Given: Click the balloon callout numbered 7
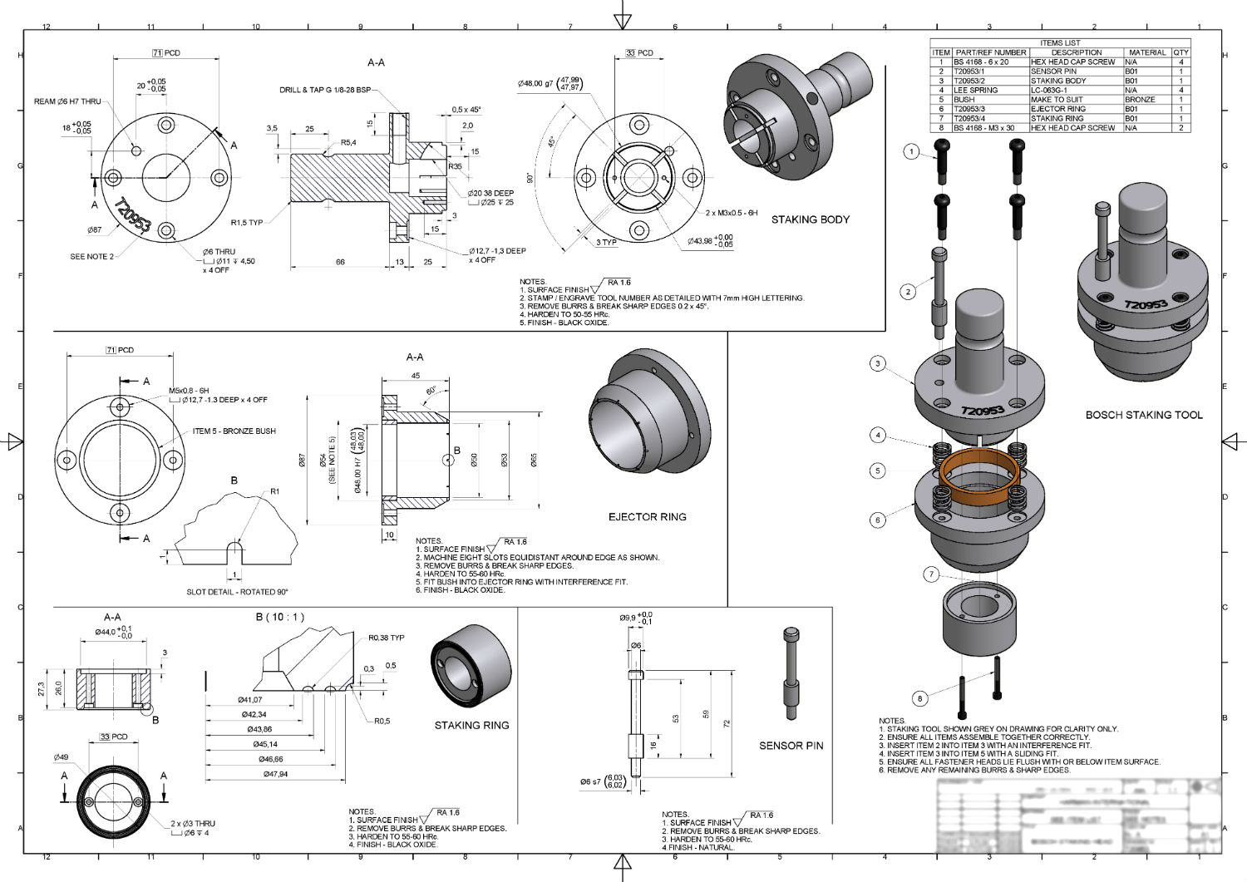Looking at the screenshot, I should tap(931, 574).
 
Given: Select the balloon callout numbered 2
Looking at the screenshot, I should tap(908, 291).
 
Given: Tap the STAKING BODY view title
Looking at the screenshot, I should tap(810, 219).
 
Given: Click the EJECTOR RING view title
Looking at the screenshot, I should tap(647, 517).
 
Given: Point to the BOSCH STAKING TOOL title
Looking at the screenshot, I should tap(1143, 415).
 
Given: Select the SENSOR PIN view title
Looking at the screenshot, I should tap(791, 746).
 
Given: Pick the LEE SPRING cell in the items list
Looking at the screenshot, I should tap(975, 90).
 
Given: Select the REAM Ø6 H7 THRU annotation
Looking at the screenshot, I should tap(67, 101).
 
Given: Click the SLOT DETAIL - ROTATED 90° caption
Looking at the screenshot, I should tap(237, 592).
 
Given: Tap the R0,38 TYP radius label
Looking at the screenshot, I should tap(386, 638).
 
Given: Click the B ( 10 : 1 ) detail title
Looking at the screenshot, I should tap(280, 618).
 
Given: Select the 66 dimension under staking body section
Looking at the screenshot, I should tap(340, 262).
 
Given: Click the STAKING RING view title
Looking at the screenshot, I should tap(471, 726).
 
